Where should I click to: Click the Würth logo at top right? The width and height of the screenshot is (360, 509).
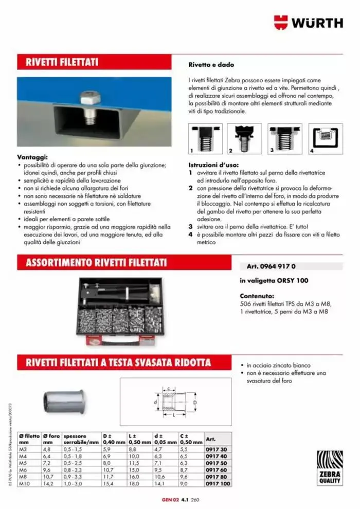(x=308, y=23)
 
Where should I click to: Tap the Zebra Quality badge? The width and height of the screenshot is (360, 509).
(x=330, y=467)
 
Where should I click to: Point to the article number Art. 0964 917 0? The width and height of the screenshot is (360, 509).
(x=267, y=267)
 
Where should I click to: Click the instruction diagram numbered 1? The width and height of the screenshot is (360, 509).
(x=202, y=139)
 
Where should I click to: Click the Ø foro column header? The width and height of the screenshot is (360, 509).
(x=51, y=438)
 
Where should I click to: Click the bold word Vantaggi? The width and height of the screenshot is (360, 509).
(x=32, y=157)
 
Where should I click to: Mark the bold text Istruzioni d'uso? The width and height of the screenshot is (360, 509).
(x=211, y=166)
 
